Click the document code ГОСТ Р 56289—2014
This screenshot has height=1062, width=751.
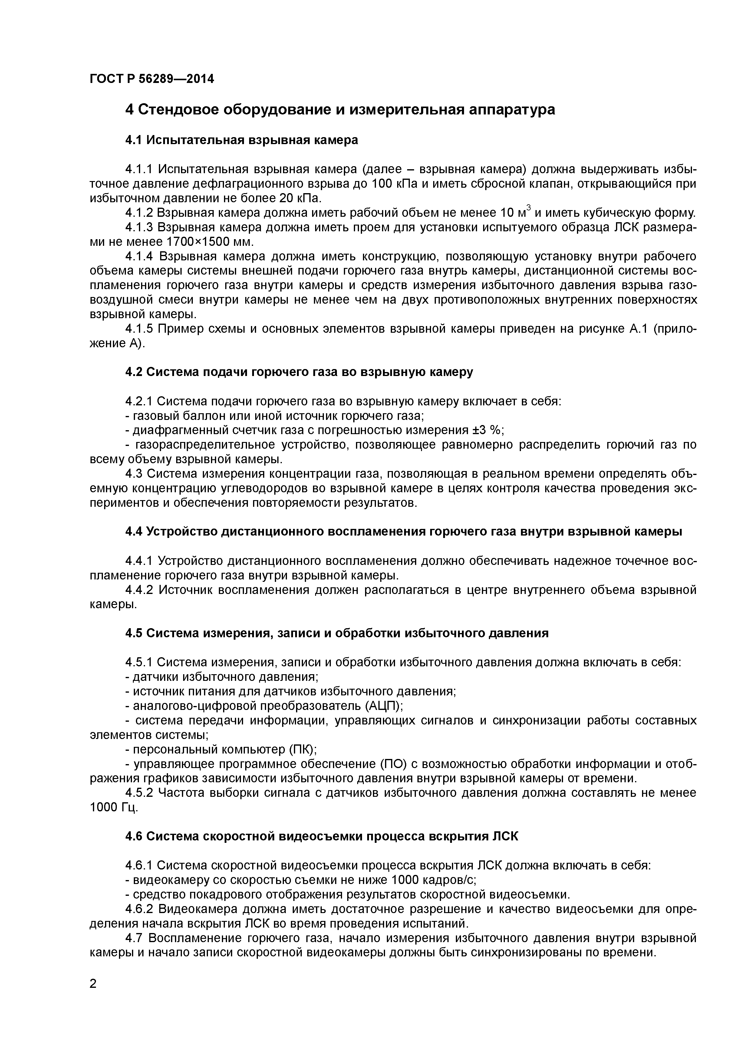coord(152,79)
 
